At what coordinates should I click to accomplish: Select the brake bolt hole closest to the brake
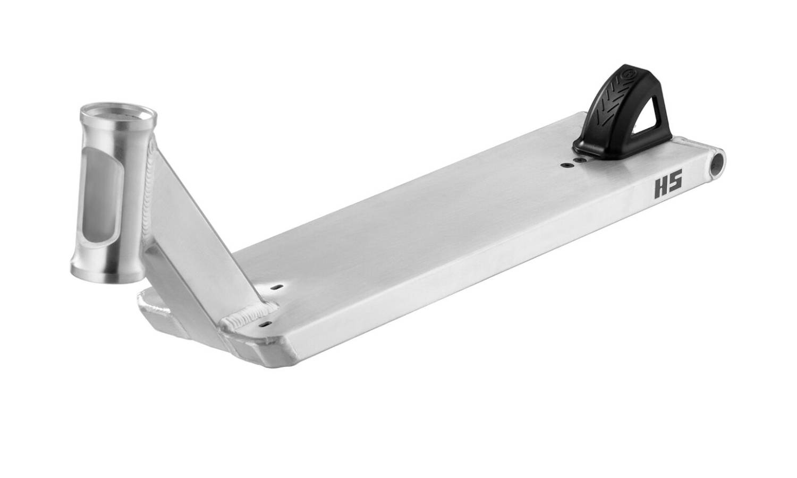(581, 160)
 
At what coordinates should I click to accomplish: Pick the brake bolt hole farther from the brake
(565, 165)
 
